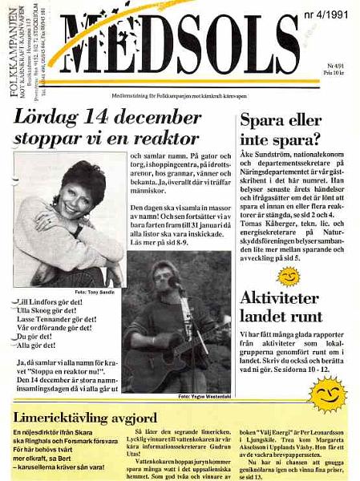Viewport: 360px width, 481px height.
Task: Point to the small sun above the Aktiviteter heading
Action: pos(288,277)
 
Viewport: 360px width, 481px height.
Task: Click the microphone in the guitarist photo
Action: pos(172,282)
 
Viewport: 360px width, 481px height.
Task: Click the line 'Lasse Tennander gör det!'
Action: pos(61,318)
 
